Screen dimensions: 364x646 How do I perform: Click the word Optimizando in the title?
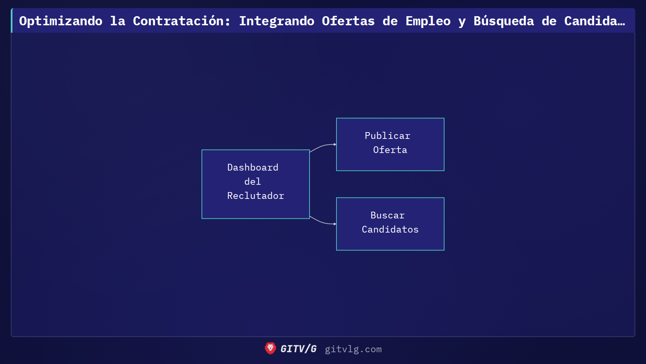click(x=61, y=21)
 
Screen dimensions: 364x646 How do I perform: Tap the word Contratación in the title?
click(x=182, y=21)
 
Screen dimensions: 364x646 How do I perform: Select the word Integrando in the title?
click(x=277, y=21)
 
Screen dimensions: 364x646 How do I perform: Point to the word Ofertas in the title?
click(x=348, y=21)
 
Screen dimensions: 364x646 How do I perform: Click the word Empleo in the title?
click(x=428, y=21)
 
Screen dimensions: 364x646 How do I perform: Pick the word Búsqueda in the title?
click(x=504, y=21)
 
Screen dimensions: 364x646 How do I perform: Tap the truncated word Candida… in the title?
click(x=595, y=21)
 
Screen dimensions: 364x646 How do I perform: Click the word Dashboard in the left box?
click(x=253, y=168)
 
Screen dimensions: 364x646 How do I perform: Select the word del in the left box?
click(x=253, y=182)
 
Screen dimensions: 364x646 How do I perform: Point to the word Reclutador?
click(x=256, y=196)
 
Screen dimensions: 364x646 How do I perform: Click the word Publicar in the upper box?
click(x=388, y=136)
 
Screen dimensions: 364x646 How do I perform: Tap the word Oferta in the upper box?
click(x=390, y=150)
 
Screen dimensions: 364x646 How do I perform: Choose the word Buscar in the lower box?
click(x=388, y=215)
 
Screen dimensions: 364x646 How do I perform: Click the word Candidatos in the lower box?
click(x=390, y=230)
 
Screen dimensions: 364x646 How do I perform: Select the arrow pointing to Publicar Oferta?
click(x=323, y=146)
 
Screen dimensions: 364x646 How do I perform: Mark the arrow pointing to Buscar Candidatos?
click(x=323, y=222)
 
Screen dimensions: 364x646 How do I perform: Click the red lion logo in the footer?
click(x=270, y=348)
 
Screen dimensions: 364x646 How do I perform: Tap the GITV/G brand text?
click(x=298, y=349)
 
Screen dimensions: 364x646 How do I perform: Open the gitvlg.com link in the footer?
click(x=353, y=349)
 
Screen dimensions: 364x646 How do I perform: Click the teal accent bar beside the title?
click(x=12, y=21)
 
